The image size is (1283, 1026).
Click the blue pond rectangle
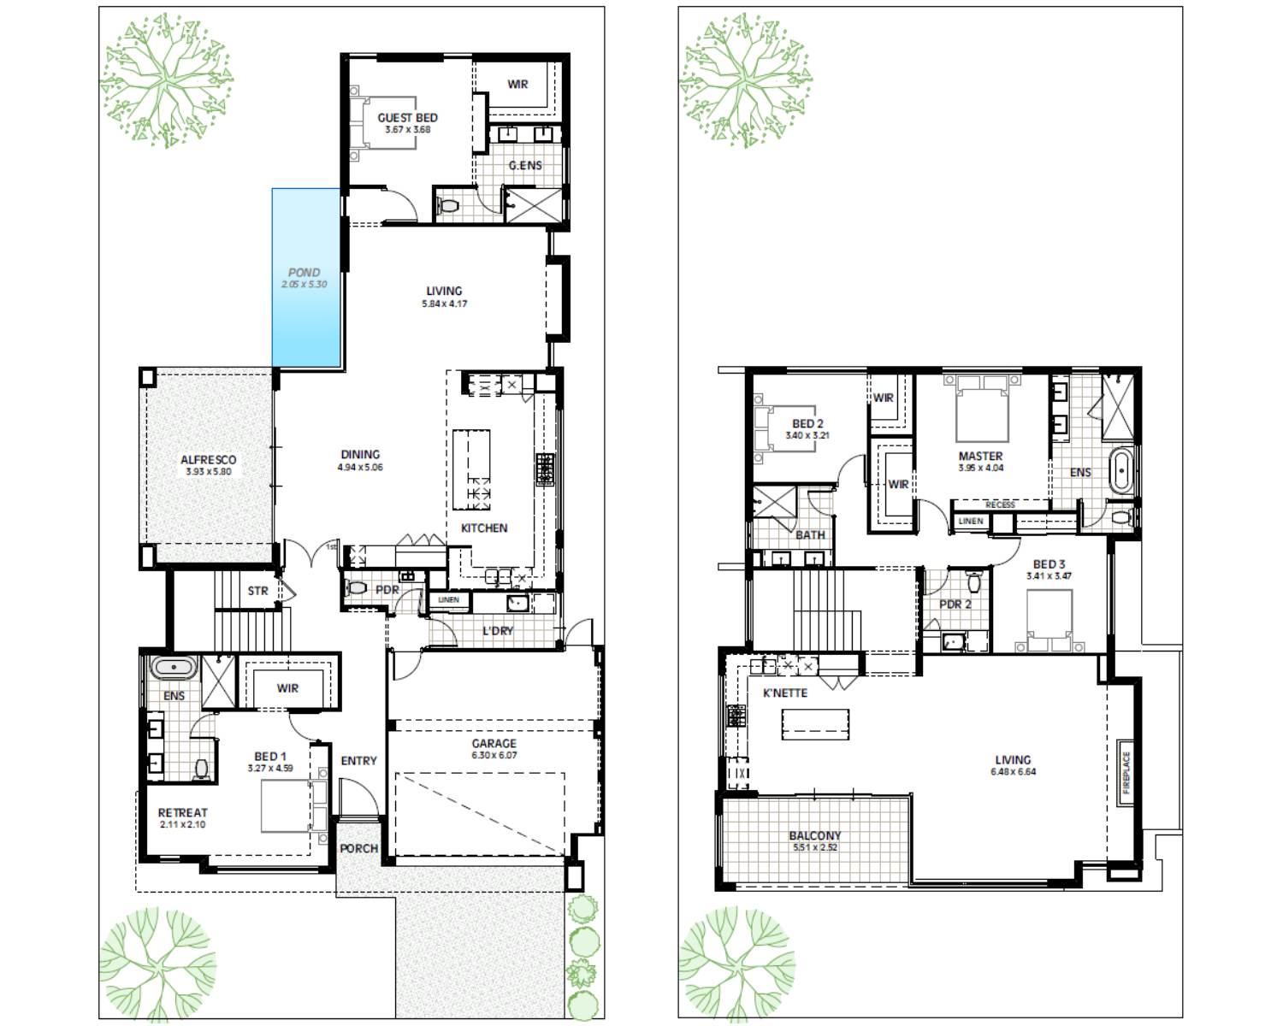point(306,278)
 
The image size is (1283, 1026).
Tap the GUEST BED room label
point(407,118)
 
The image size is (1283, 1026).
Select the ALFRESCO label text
point(208,460)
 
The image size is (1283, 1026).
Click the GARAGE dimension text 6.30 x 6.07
point(494,756)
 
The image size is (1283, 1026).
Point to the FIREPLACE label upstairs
point(1126,772)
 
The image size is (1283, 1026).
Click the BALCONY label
point(814,835)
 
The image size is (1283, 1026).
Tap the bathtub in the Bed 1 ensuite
point(174,667)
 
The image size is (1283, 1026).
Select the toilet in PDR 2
point(973,582)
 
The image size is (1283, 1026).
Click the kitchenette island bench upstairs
point(815,723)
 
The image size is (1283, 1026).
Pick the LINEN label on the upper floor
point(971,521)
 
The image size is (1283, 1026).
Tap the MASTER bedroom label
point(980,457)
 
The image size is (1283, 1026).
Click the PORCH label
point(358,848)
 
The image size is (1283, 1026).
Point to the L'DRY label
point(498,631)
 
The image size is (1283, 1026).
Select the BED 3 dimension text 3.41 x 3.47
point(1049,576)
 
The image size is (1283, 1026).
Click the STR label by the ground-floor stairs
point(257,591)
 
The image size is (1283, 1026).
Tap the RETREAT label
point(182,813)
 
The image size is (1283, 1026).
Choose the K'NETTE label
point(784,693)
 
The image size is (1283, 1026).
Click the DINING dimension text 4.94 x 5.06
point(360,468)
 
